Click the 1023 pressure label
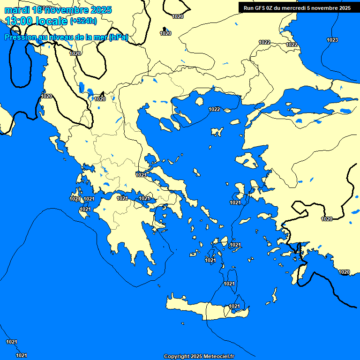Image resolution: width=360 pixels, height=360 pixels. [332, 40]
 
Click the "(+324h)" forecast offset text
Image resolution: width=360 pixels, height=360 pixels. [84, 21]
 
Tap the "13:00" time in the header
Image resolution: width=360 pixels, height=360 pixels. [21, 21]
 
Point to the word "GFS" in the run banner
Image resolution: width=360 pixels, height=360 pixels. [260, 7]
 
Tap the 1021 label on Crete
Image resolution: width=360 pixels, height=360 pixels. [234, 307]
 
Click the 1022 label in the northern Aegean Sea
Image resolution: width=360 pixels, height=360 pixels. [214, 109]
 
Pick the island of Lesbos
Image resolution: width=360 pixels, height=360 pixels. [248, 162]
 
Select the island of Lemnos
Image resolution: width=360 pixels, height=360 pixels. [217, 132]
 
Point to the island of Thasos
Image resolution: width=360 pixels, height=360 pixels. [199, 101]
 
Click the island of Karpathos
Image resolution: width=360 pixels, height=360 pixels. [274, 295]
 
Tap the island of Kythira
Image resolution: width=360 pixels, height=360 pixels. [150, 271]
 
